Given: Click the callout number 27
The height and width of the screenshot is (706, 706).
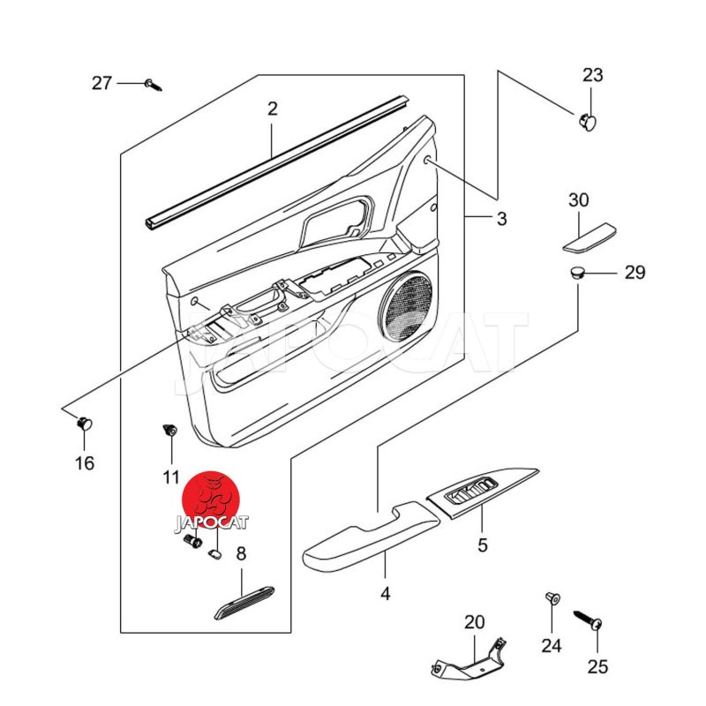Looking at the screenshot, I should pyautogui.click(x=102, y=83).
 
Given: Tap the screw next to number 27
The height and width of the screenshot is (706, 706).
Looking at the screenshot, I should pyautogui.click(x=154, y=85).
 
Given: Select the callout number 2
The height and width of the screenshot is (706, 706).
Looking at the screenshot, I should pyautogui.click(x=273, y=109).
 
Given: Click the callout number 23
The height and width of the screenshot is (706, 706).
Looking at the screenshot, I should pyautogui.click(x=592, y=75).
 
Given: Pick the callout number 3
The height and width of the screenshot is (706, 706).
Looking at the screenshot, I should pyautogui.click(x=501, y=219).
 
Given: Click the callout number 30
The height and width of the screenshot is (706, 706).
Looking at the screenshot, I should pyautogui.click(x=578, y=200).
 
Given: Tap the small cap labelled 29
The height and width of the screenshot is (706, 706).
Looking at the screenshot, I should pyautogui.click(x=577, y=272).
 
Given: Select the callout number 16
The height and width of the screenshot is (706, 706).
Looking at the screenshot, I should pyautogui.click(x=85, y=462).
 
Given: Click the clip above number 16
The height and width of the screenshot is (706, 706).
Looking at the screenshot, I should pyautogui.click(x=85, y=424).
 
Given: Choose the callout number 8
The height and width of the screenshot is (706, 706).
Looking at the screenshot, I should pyautogui.click(x=241, y=554).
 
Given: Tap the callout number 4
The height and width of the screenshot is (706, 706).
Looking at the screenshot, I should pyautogui.click(x=385, y=593).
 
